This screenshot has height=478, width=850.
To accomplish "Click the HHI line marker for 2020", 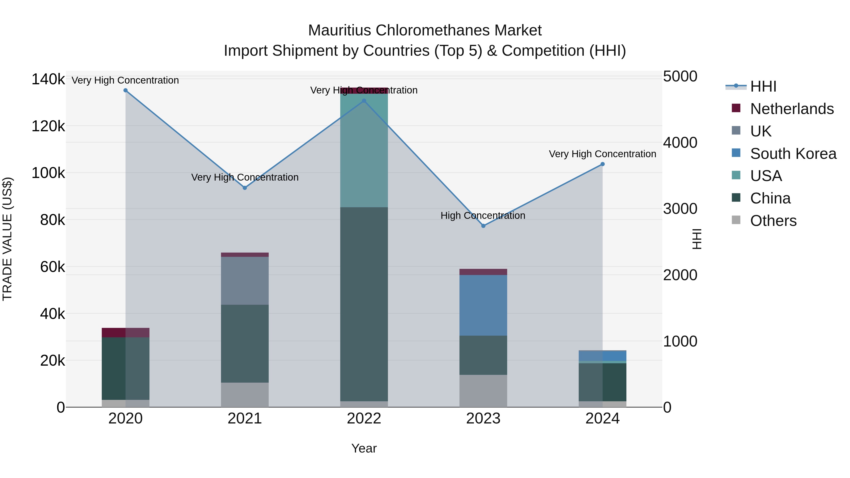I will (x=125, y=90).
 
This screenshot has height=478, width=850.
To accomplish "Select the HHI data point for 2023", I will (x=483, y=226).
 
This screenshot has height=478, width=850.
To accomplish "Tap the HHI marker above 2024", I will (x=603, y=164).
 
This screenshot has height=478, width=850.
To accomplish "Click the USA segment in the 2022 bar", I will (x=364, y=150).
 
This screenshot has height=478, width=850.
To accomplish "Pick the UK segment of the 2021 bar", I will (x=245, y=280).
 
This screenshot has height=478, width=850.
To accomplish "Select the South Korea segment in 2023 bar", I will (x=483, y=305).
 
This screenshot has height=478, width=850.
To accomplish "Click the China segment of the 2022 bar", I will (x=364, y=304).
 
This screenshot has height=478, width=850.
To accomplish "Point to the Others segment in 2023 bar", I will (x=483, y=391).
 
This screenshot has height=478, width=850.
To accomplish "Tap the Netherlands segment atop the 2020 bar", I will (x=125, y=333).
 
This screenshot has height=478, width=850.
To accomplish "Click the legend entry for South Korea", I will (x=793, y=154).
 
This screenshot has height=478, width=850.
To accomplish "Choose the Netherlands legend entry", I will (x=792, y=109).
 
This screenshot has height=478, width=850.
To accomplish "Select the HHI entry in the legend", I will (x=763, y=86).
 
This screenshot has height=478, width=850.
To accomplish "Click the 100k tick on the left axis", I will (x=48, y=173).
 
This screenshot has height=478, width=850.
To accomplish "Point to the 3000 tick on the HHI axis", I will (x=680, y=209).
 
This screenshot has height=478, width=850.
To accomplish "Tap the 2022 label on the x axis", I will (x=364, y=419).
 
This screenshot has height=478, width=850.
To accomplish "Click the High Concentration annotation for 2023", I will (x=483, y=216).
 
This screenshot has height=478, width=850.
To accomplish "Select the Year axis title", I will (x=364, y=448).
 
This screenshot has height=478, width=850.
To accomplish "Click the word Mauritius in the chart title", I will (x=340, y=30).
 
